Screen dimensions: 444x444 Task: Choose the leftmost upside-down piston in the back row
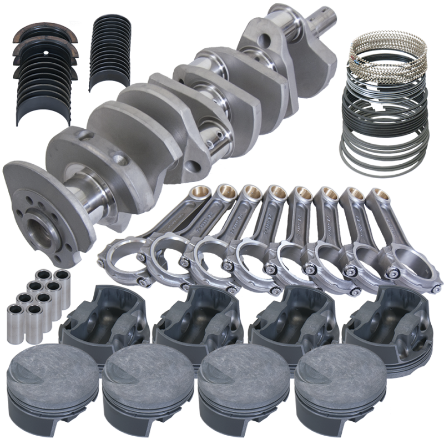pyautogui.click(x=105, y=319)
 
